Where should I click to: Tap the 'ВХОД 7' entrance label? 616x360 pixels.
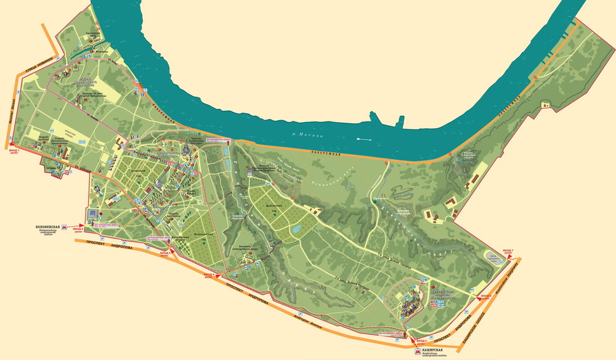click(507, 252)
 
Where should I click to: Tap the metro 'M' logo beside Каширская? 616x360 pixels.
click(418, 350)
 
